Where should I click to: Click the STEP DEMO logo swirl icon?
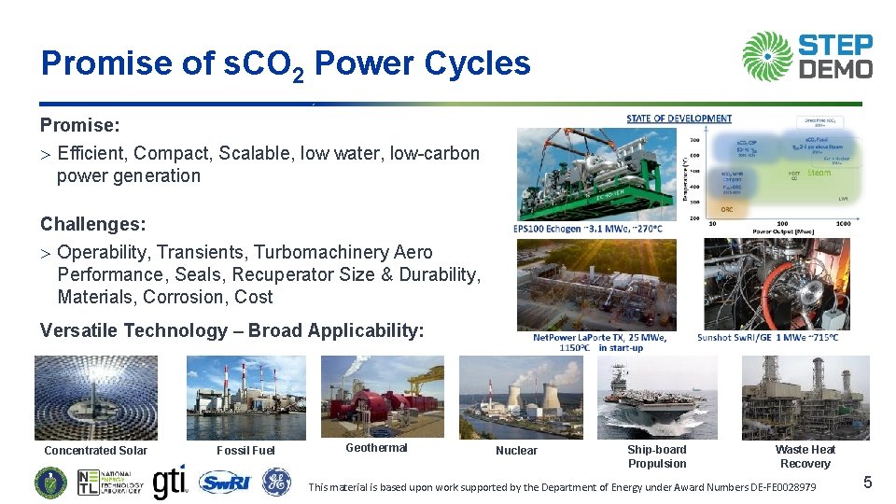[767, 56]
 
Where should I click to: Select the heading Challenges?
[91, 225]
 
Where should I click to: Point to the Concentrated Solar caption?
[95, 451]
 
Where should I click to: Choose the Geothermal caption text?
[376, 448]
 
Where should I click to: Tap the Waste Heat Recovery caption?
[805, 456]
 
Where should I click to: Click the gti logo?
[169, 482]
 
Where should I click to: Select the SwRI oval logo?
[222, 483]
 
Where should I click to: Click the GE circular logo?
[275, 483]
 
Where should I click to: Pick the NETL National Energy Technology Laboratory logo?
[110, 483]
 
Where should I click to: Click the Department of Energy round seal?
[50, 483]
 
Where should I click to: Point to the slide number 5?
[867, 483]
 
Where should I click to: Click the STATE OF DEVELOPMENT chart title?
[679, 119]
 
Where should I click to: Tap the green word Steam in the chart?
[819, 173]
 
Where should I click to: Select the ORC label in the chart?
[727, 209]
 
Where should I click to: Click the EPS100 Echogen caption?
[588, 228]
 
